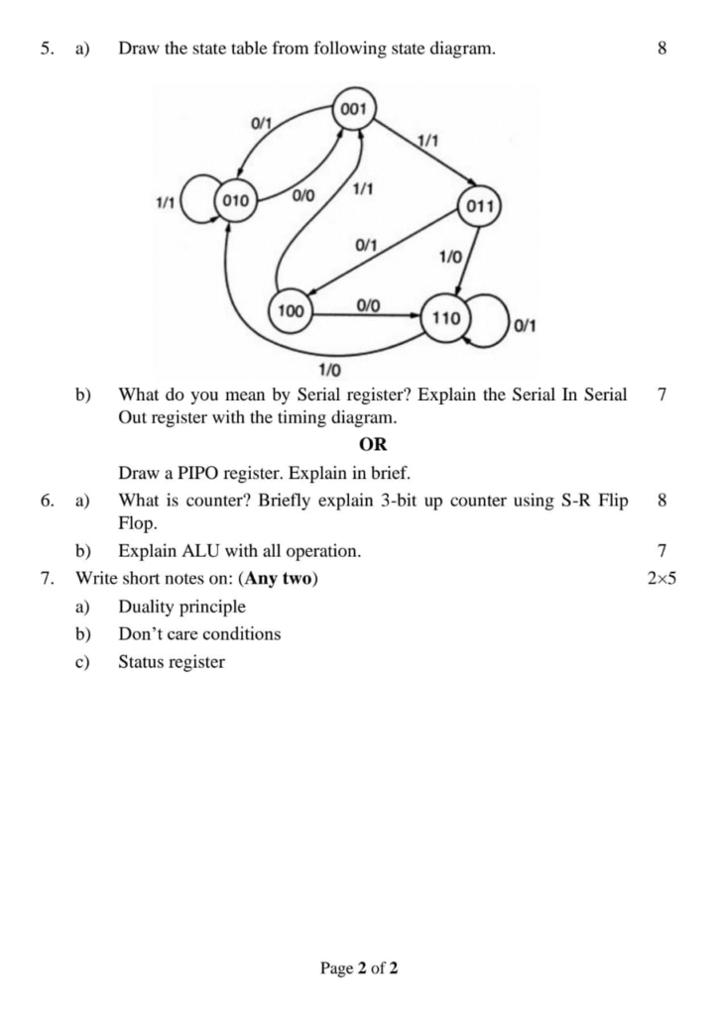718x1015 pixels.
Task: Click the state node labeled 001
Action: tap(354, 109)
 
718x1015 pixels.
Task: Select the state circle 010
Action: tap(235, 199)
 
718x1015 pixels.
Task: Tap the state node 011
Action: tap(479, 207)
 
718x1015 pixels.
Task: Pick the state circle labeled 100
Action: tap(291, 311)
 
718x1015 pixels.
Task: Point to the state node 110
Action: tap(446, 319)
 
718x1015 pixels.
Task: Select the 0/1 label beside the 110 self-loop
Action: tap(526, 325)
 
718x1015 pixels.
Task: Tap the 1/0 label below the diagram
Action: tap(329, 371)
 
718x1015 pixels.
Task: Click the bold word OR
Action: tap(373, 444)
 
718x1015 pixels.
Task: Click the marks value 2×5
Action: tap(660, 578)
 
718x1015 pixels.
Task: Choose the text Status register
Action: tap(172, 662)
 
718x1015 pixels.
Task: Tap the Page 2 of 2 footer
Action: tap(359, 967)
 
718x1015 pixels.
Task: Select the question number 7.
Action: tap(48, 578)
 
